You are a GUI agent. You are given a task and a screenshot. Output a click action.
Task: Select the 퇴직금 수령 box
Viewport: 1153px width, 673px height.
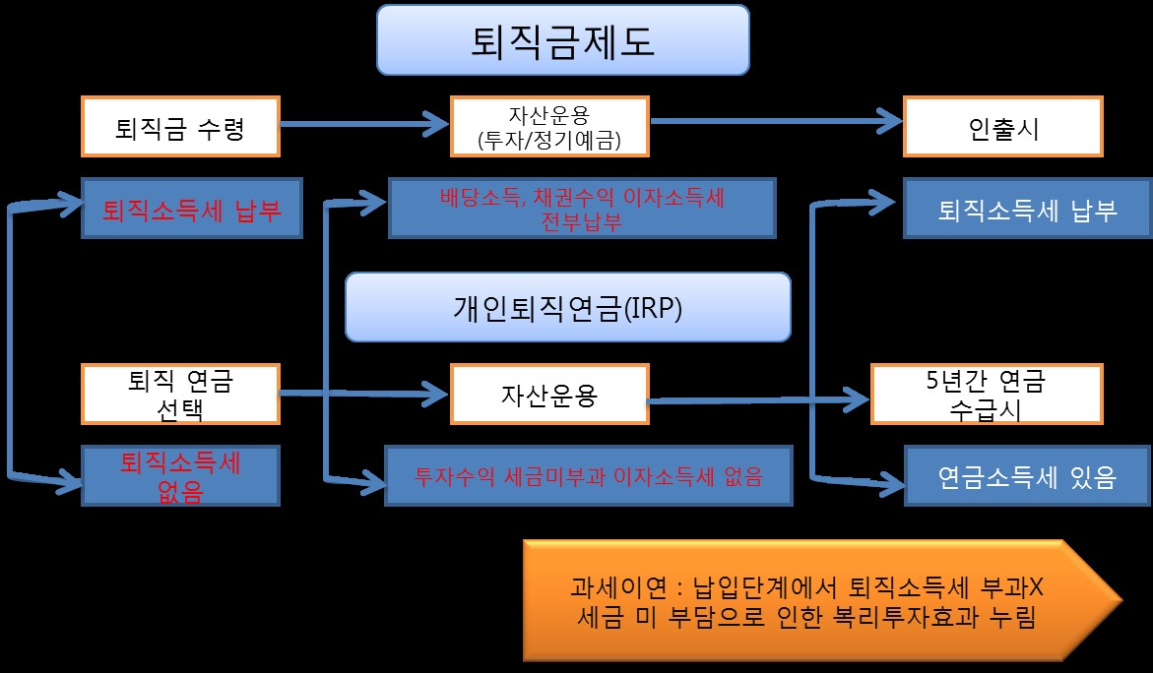pyautogui.click(x=181, y=125)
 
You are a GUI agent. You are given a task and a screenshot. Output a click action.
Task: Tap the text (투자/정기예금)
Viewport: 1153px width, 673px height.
pyautogui.click(x=548, y=138)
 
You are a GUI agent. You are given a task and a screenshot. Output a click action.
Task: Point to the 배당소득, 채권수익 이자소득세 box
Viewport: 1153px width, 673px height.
pyautogui.click(x=582, y=209)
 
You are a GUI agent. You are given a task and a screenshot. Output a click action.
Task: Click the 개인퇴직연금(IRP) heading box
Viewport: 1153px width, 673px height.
pyautogui.click(x=568, y=307)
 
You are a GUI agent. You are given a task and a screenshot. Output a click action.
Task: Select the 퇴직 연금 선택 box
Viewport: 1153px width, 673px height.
pyautogui.click(x=181, y=394)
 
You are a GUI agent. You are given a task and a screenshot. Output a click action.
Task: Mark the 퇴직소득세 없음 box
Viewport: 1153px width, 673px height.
pyautogui.click(x=181, y=476)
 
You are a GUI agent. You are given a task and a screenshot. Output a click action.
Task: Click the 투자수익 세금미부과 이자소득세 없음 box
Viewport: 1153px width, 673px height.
pyautogui.click(x=588, y=478)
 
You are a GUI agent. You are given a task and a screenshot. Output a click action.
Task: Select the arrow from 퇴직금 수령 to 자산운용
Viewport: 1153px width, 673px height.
pyautogui.click(x=364, y=124)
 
